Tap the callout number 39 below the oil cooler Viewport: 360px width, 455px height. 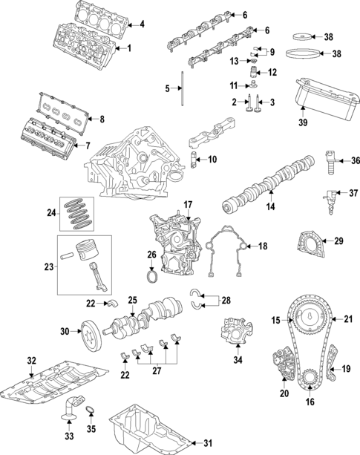(303, 122)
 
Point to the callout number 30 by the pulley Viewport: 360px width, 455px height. (64, 331)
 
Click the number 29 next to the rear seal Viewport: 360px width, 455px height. (338, 240)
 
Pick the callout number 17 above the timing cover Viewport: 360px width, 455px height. (188, 204)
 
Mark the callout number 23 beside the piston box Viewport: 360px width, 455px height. (50, 266)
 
